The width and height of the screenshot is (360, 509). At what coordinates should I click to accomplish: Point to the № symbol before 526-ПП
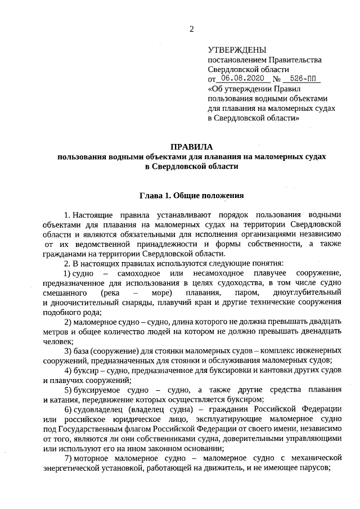pyautogui.click(x=276, y=79)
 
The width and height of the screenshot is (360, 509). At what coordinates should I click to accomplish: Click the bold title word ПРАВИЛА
pyautogui.click(x=191, y=146)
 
